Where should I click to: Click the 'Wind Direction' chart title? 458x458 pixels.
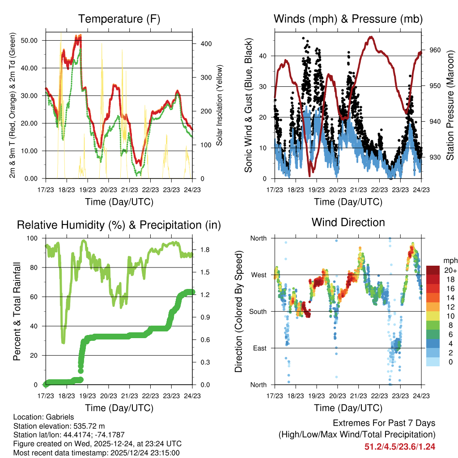[x=348, y=222]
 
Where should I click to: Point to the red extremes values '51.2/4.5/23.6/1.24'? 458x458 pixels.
[x=400, y=446]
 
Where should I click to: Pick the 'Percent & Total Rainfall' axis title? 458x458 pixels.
[x=17, y=311]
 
